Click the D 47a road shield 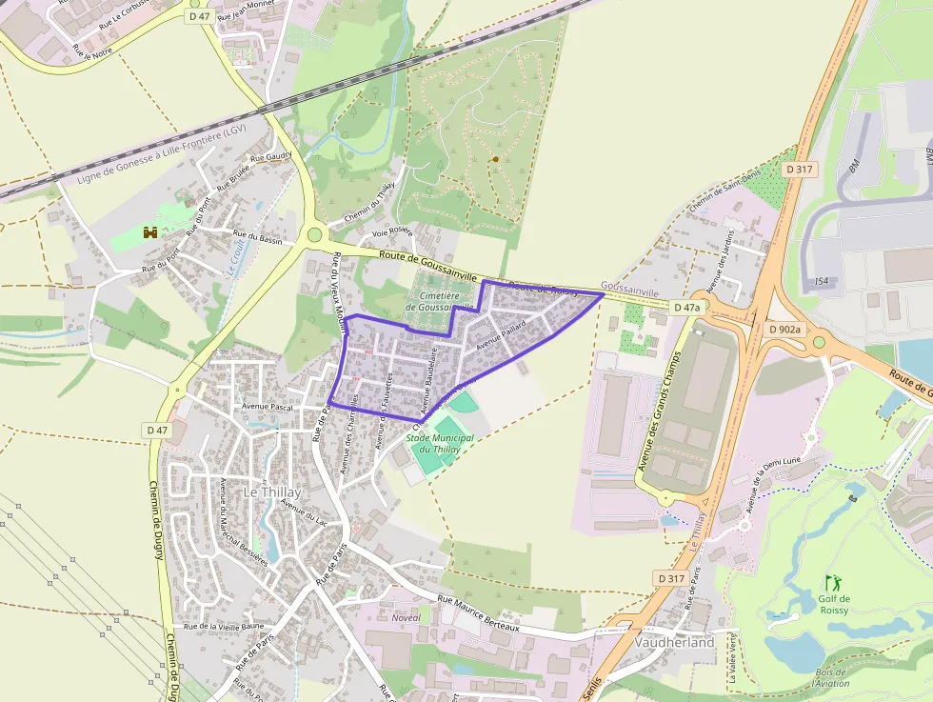coord(685,308)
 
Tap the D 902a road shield coord(785,329)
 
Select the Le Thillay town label coord(272,492)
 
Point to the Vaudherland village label coord(674,642)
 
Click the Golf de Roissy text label coord(834,604)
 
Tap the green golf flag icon coord(833,581)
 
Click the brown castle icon coord(149,231)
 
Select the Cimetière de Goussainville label coord(439,301)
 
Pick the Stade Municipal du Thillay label coord(440,443)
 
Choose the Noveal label coord(406,617)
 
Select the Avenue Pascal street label coord(268,406)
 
